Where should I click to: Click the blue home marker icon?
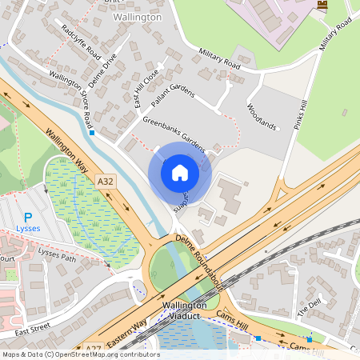[180, 173]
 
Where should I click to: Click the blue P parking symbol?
[28, 218]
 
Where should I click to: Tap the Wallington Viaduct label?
[185, 311]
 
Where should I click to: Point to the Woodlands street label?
[262, 117]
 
